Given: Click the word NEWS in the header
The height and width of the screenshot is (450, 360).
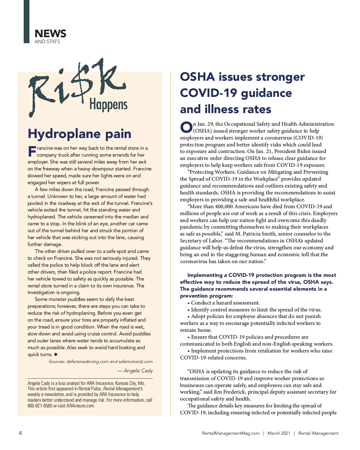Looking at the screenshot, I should pos(50,33).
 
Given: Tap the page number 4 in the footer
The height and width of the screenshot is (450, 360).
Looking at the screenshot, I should pos(20,433).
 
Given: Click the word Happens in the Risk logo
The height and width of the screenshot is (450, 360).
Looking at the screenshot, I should pos(108,105).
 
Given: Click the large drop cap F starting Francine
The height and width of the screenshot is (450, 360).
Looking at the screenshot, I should pos(32,151).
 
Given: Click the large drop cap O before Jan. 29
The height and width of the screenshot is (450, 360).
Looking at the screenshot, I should pos(186,127).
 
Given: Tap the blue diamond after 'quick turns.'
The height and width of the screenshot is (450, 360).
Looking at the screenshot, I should pos(56,354).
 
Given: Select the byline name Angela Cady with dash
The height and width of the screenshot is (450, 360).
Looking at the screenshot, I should pos(135,371).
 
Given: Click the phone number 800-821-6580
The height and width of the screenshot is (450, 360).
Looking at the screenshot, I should pos(40,406).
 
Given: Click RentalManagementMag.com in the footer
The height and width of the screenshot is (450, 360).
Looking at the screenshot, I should pos(231,433).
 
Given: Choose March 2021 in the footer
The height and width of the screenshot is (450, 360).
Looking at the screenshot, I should pos(279,433).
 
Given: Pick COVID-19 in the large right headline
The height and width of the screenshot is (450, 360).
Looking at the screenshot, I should pos(208,93).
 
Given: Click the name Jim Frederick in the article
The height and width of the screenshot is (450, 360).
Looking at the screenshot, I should pos(232,392).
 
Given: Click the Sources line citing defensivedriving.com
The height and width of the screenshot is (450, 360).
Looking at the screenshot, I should pos(101,361).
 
